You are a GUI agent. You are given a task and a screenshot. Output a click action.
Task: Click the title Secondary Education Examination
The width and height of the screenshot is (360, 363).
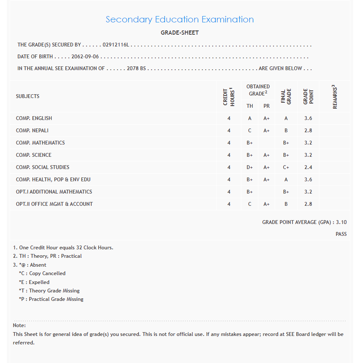pos(179,19)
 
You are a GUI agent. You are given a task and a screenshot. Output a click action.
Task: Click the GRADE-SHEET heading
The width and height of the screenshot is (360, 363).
pos(179,33)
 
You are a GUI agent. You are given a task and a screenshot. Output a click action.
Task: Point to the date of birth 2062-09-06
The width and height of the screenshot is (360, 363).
pos(86,57)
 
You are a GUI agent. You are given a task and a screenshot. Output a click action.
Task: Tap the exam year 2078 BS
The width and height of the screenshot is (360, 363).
pos(136,68)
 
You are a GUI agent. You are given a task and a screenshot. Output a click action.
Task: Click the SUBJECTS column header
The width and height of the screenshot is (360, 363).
pos(28,96)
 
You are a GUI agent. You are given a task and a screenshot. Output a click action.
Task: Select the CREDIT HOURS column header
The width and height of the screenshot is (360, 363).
pos(229,96)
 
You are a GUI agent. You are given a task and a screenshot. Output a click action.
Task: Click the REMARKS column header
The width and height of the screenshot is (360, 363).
pos(335,97)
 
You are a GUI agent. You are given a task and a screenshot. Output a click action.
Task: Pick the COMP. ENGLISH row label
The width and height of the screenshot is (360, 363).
pos(34,118)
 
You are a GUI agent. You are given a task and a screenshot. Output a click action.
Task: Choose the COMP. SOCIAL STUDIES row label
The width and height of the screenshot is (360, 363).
pos(43,167)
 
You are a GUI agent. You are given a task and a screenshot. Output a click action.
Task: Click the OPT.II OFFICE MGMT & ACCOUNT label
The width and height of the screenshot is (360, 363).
pos(54,204)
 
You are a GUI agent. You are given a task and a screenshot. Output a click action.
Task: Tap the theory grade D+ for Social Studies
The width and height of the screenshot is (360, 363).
pos(250,167)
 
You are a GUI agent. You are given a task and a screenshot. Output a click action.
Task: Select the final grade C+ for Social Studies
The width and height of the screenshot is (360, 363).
pos(286,167)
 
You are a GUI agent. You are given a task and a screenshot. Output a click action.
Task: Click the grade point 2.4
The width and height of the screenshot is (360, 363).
pos(308,167)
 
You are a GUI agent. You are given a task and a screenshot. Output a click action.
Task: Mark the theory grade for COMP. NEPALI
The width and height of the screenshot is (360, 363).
pos(250,131)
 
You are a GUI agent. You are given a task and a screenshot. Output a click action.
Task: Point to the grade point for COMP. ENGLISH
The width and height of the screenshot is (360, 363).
pos(308,118)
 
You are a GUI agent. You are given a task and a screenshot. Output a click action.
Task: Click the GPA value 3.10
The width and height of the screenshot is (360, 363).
pos(341,222)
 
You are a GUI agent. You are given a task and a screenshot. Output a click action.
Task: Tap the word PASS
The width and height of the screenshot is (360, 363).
pos(341,234)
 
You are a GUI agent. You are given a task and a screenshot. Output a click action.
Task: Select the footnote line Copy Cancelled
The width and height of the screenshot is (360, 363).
pos(47,273)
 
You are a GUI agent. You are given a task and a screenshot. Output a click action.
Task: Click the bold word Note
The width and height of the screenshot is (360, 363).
pos(19,325)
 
